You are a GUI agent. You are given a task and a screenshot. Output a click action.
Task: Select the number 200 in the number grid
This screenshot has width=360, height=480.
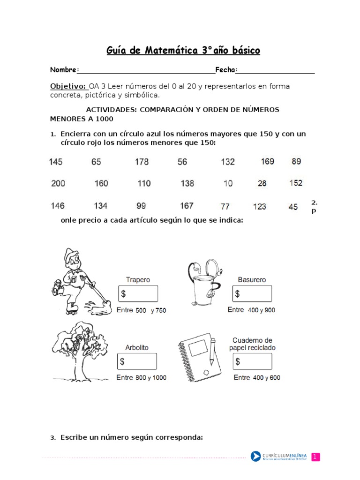[x=58, y=183]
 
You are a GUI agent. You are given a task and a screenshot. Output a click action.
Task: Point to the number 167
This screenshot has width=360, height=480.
[x=187, y=206]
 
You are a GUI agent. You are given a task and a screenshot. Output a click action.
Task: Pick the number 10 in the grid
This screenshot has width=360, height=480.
[x=228, y=184]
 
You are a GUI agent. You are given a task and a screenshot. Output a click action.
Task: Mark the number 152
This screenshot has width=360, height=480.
[x=296, y=183]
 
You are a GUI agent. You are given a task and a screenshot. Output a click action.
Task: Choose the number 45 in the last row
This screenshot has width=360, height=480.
[x=293, y=207]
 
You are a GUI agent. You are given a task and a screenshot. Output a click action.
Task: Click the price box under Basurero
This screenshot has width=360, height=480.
[x=252, y=294]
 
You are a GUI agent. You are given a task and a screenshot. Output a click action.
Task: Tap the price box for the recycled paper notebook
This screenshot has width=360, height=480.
[x=252, y=361]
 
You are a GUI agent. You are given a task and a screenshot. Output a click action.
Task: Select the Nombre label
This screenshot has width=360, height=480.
[x=63, y=70]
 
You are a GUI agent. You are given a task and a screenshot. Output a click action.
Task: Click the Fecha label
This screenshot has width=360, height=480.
[x=225, y=70]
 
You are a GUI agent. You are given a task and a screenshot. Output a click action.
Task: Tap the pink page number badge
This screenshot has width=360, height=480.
[x=315, y=457]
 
